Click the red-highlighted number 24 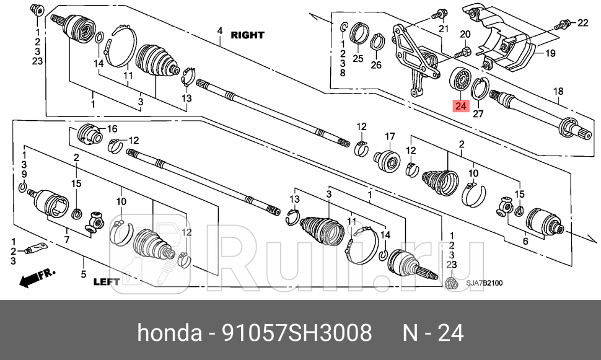(460, 107)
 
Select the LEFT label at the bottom (106, 281)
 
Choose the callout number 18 (558, 92)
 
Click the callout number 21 (442, 29)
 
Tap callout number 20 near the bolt (465, 34)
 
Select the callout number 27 (477, 113)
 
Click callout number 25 (358, 59)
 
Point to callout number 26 (376, 64)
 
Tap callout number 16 (112, 129)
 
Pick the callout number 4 (219, 31)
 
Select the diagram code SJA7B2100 (485, 283)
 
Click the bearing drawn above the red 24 (460, 80)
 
